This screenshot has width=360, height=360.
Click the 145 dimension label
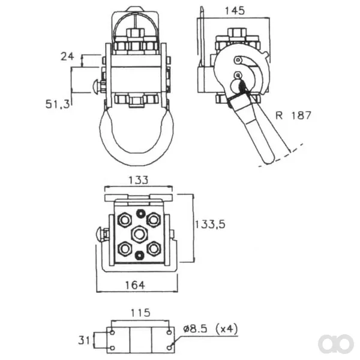(x=235, y=11)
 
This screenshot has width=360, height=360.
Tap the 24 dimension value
(x=67, y=56)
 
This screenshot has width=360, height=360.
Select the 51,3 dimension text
(x=58, y=104)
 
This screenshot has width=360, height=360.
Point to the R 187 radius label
(x=293, y=115)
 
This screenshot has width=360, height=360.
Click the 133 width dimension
(x=139, y=180)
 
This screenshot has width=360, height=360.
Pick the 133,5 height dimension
(x=210, y=224)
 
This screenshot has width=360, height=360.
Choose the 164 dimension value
(x=135, y=285)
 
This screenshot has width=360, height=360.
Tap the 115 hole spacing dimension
(x=140, y=313)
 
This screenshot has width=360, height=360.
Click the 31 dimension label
(x=84, y=340)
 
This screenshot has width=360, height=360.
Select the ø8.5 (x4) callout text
(x=211, y=329)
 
